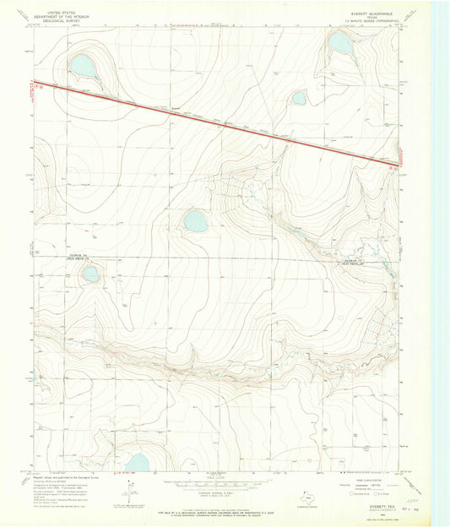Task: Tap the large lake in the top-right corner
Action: pyautogui.click(x=340, y=42)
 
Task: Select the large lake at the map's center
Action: pyautogui.click(x=195, y=222)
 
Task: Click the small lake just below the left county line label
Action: pyautogui.click(x=89, y=273)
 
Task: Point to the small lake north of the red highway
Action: pyautogui.click(x=299, y=98)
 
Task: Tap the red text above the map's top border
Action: pyautogui.click(x=188, y=25)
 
